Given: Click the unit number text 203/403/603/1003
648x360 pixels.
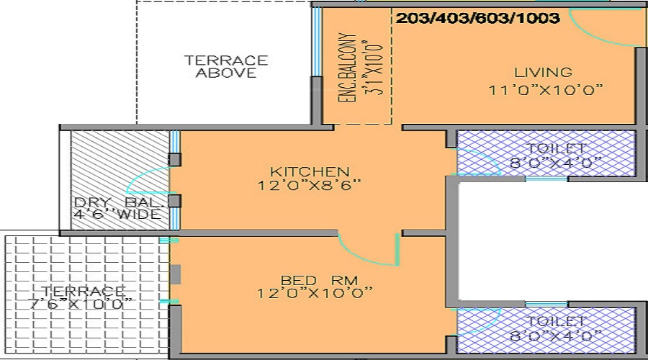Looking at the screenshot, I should [477, 19].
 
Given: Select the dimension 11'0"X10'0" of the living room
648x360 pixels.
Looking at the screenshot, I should [544, 90].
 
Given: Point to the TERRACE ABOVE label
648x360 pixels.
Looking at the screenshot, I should [226, 66].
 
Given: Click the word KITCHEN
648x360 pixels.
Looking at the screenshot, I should [310, 171].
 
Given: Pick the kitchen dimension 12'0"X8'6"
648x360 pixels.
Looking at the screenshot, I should [310, 185].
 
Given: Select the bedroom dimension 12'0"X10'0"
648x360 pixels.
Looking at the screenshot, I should [315, 293].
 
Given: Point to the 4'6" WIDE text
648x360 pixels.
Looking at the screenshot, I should [120, 215].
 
